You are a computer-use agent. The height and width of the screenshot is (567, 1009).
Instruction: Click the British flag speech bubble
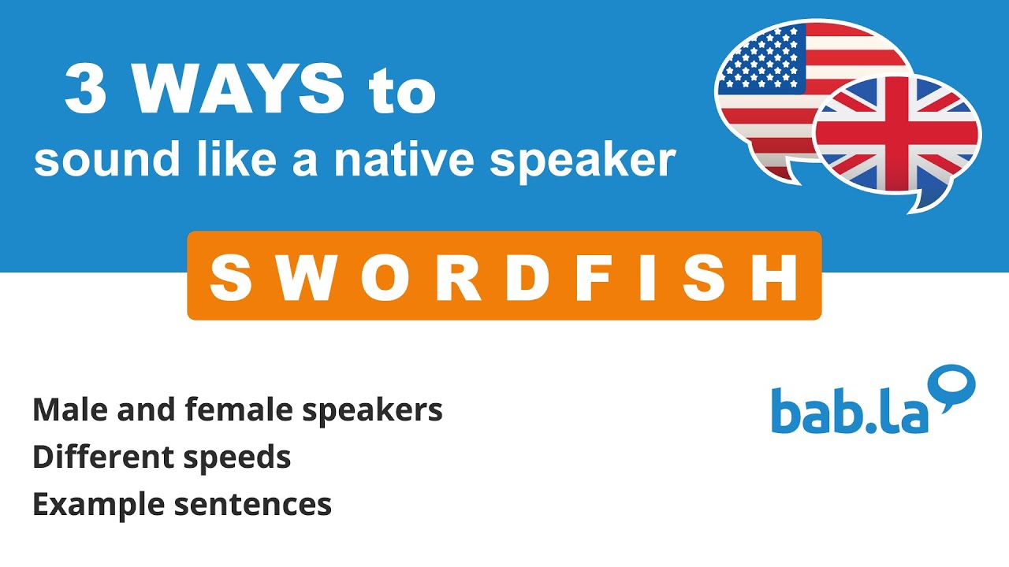point(899,138)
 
